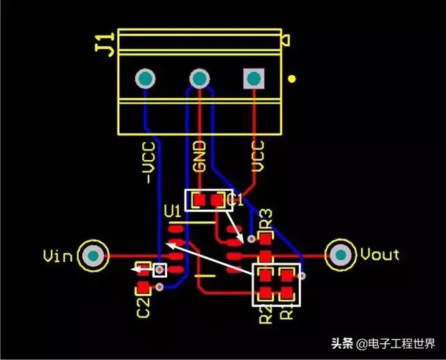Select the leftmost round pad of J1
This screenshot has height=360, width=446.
[x=146, y=79]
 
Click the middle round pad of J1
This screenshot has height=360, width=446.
[x=199, y=79]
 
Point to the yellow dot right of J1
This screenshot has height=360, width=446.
[x=293, y=79]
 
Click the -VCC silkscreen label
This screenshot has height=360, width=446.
[x=148, y=164]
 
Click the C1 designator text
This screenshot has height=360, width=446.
[x=236, y=200]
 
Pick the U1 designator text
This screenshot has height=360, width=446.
[x=172, y=210]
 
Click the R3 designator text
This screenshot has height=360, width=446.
[x=266, y=219]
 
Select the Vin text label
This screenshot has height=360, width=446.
[x=58, y=256]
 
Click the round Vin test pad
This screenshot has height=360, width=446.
[x=93, y=256]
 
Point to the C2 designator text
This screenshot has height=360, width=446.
[x=143, y=306]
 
